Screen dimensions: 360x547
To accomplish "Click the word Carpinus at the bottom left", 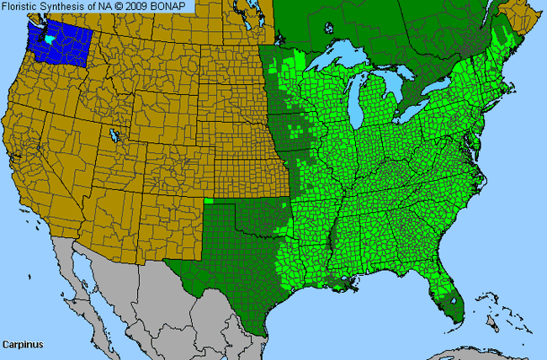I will [23, 344].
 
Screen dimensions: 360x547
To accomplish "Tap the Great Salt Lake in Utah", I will [114, 135].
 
